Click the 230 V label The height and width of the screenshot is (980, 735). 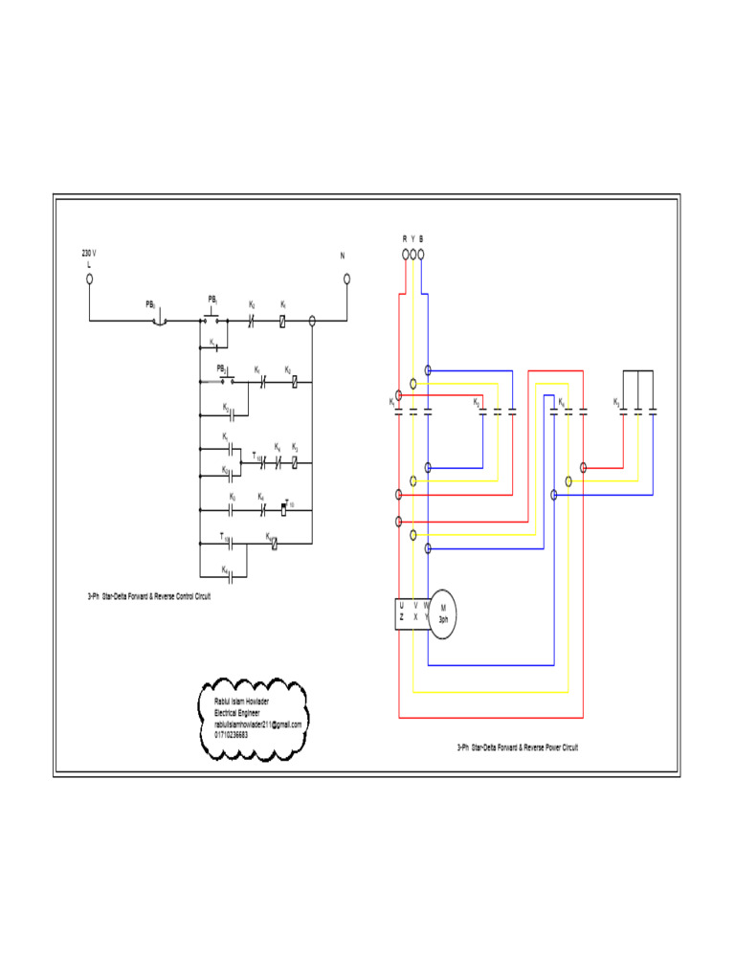(x=89, y=254)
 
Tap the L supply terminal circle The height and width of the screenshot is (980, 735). (x=89, y=278)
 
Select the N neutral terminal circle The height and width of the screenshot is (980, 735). (x=346, y=278)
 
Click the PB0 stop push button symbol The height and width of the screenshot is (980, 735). (x=160, y=320)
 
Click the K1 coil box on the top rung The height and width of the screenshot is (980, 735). (x=283, y=321)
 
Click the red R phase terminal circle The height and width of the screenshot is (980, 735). (x=405, y=255)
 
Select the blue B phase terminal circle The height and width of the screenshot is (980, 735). (x=421, y=255)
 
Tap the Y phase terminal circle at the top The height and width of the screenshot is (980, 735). (x=412, y=255)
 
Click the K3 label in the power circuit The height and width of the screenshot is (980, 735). (x=617, y=402)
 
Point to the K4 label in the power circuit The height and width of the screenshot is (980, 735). (x=561, y=402)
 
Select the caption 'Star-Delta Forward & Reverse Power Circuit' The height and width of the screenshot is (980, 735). (x=518, y=747)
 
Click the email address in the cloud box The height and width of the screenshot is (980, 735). (x=257, y=724)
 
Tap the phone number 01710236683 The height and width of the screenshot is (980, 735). (x=231, y=735)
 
